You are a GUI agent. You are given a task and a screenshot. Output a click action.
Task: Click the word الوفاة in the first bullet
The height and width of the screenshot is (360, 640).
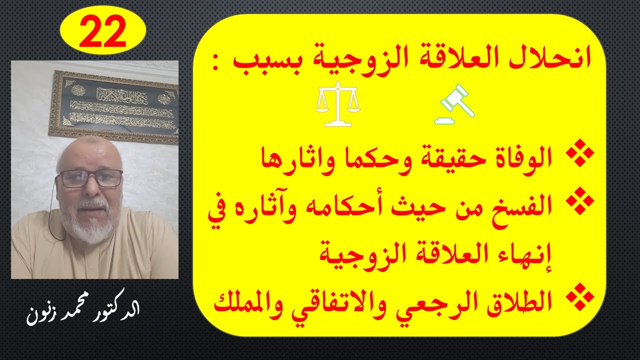[521, 159]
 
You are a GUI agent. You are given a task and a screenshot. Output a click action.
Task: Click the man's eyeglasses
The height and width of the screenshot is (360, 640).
[90, 178]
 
